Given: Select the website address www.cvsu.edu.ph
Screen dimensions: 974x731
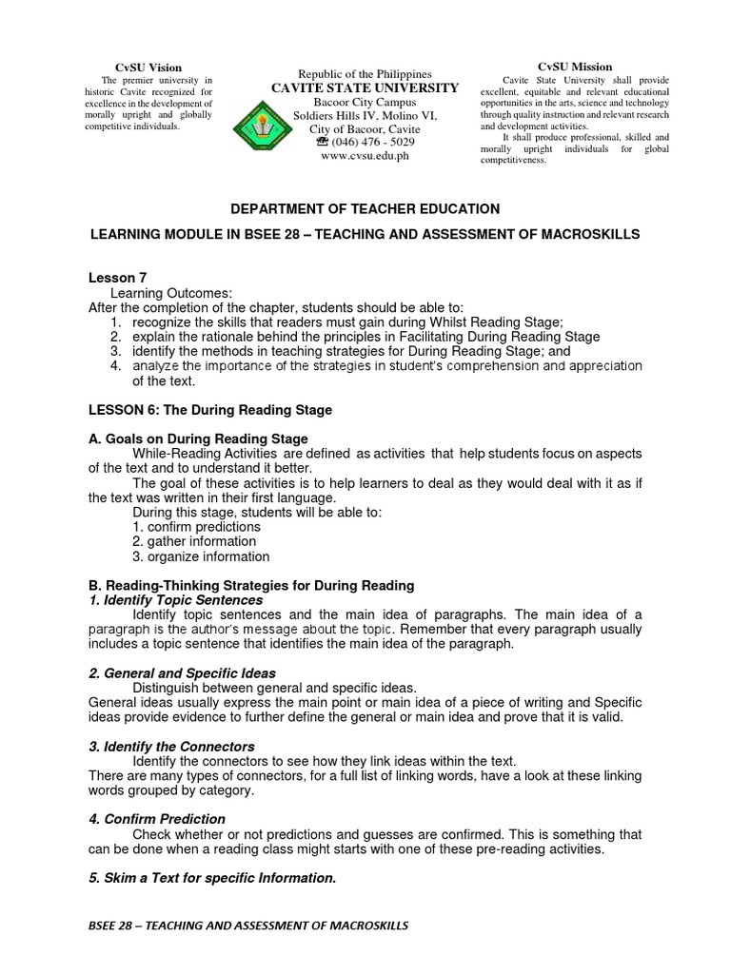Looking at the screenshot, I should point(365,156).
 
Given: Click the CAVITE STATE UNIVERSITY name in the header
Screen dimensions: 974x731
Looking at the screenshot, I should point(365,88).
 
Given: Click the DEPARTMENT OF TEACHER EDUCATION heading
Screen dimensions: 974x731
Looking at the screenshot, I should point(365,208).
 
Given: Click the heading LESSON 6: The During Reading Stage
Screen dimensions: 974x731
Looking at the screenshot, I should point(210,410).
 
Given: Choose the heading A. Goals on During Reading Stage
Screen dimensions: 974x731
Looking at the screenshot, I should point(198,438).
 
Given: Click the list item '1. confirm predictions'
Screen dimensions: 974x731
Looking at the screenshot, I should point(196,527).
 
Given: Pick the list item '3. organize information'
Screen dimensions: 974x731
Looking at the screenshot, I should point(201,556).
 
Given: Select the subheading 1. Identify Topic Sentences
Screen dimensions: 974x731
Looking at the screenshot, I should point(175,600).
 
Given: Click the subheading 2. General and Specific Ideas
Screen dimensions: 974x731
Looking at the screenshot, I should point(182,673).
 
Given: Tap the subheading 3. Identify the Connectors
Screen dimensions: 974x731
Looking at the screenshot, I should point(171,747).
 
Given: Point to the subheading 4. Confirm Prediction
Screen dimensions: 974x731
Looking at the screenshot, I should point(157,819).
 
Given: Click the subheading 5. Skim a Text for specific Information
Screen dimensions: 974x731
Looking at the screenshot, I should point(212,878).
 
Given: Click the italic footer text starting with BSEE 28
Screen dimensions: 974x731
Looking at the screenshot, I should point(247,925).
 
